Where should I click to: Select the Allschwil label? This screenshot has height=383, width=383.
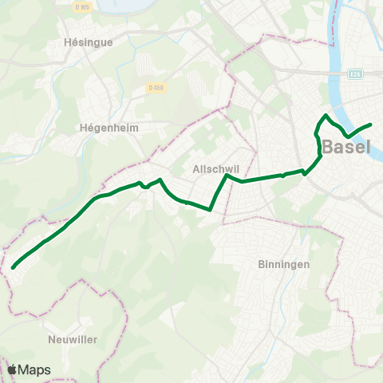point(212,169)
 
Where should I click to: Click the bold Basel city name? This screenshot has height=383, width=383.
point(346,148)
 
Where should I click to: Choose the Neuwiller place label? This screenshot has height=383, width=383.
point(73,339)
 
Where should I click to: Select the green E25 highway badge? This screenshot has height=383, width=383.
point(356,74)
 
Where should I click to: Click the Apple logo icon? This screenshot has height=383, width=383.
point(13,369)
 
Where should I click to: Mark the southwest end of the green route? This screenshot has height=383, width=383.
point(14,268)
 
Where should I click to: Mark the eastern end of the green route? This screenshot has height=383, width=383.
point(371,124)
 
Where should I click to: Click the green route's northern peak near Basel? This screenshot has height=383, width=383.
point(326,116)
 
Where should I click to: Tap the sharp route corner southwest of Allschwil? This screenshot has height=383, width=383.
point(210,210)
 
